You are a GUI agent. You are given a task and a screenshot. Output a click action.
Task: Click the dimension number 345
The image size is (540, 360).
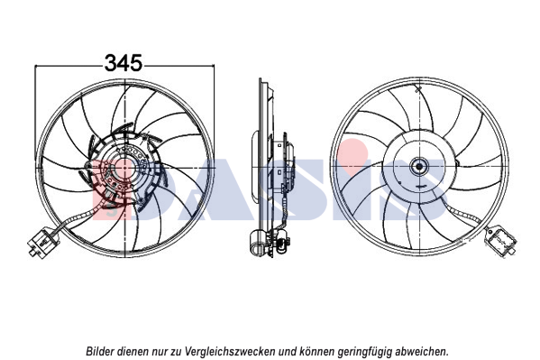coord(124,63)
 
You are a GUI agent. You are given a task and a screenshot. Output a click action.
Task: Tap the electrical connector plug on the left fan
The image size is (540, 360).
coord(42,242)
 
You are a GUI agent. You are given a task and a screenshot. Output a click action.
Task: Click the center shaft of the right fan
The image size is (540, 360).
coord(419,167)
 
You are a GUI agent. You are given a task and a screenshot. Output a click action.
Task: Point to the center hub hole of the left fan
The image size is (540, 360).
coord(124,168)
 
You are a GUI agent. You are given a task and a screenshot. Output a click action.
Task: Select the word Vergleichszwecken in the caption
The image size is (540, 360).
coord(230,351)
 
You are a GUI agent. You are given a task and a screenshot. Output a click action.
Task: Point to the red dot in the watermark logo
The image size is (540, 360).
coord(352,151)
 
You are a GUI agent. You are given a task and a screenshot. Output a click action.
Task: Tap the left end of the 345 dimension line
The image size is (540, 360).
coord(35,65)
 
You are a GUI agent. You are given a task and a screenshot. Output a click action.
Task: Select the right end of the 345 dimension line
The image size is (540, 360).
coord(215,65)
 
